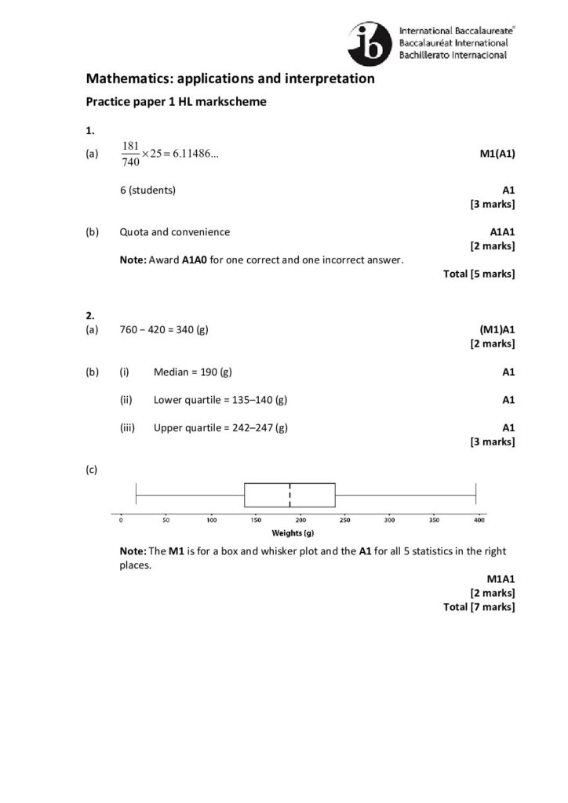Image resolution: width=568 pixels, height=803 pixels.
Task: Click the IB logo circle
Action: tap(368, 41)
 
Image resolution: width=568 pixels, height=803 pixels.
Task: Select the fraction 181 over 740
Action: tap(130, 154)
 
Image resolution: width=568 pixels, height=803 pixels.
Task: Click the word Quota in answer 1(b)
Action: tap(134, 232)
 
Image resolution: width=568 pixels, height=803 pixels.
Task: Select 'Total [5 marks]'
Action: tap(479, 274)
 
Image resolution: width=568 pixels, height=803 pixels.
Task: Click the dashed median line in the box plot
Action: tap(290, 496)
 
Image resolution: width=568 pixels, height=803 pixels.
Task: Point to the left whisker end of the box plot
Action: tap(137, 496)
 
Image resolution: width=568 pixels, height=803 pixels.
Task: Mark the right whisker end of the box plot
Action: tap(475, 496)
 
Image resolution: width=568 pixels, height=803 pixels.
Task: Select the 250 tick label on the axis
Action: tap(345, 520)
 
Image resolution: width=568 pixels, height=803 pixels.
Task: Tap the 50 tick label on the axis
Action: tap(166, 520)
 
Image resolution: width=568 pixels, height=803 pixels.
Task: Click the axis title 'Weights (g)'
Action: tap(299, 532)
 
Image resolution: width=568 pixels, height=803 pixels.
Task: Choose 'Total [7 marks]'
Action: tap(479, 607)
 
